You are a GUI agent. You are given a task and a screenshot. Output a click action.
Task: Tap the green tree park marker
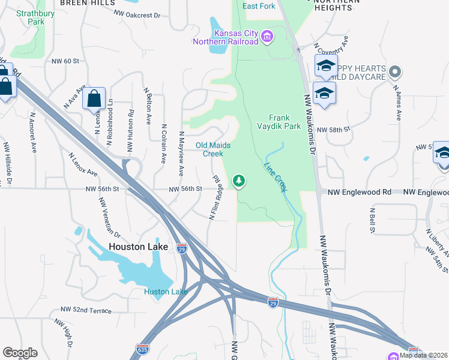pyautogui.click(x=239, y=181)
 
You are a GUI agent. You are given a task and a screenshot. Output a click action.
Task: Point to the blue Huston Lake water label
pyautogui.click(x=166, y=292)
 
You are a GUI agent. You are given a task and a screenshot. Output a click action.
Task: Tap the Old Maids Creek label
pyautogui.click(x=213, y=149)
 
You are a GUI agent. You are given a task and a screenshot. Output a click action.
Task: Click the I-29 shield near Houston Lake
pyautogui.click(x=182, y=248)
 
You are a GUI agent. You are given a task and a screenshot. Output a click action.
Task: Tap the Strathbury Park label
pyautogui.click(x=31, y=17)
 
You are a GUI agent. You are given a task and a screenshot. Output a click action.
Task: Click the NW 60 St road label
pyautogui.click(x=65, y=61)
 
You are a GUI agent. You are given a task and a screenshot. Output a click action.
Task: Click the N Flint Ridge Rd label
pyautogui.click(x=216, y=197)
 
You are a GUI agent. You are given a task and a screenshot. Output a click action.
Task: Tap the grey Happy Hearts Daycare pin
pyautogui.click(x=394, y=73)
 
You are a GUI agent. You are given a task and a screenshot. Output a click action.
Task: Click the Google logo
pyautogui.click(x=20, y=353)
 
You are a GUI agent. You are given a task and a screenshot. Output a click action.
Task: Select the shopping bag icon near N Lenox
pyautogui.click(x=95, y=98)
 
